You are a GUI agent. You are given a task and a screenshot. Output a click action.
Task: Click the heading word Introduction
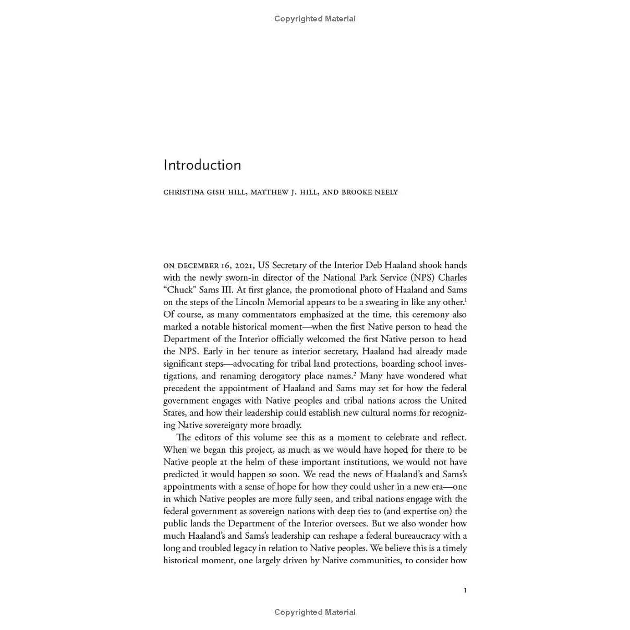pos(202,165)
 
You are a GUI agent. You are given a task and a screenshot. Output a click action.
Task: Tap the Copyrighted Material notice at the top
pos(315,19)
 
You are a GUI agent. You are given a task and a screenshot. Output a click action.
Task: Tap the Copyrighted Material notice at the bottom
pos(315,612)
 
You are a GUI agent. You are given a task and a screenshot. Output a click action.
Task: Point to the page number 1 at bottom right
pos(465,590)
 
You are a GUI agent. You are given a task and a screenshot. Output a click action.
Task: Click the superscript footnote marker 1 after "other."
pos(466,300)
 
